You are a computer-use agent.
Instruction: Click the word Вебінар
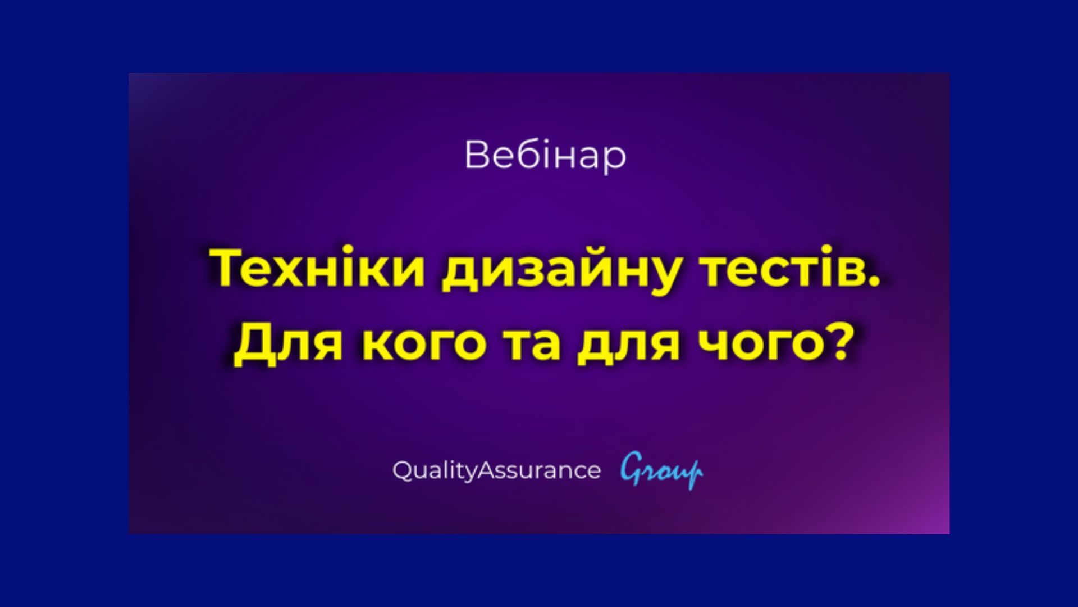tap(545, 156)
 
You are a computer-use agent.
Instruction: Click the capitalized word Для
tap(288, 343)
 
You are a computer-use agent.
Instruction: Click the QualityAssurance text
tap(496, 470)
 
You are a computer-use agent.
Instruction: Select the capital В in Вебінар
tap(476, 155)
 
